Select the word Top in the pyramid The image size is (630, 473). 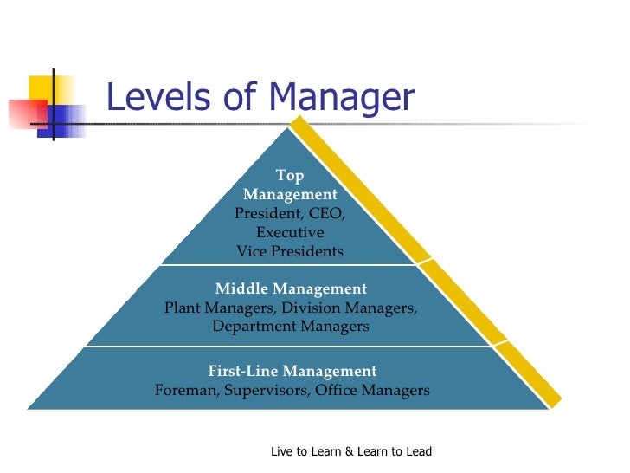coord(290,176)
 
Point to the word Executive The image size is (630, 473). coord(290,233)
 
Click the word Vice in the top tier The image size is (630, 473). coord(253,252)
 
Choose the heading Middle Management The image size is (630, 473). coord(291,288)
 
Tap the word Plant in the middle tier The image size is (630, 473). coord(184,308)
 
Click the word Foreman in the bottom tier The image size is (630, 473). coord(186,390)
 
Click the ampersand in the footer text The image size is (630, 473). coord(350,452)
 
